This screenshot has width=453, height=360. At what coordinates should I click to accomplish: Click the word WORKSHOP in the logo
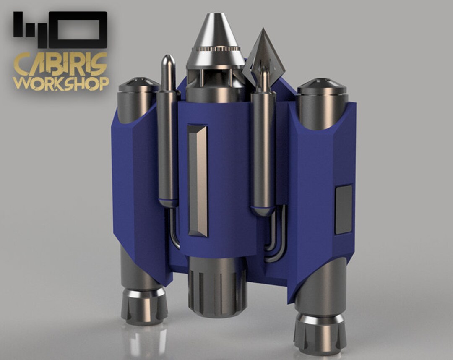pos(61,83)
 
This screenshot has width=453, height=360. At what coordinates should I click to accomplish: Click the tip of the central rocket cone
pos(215,17)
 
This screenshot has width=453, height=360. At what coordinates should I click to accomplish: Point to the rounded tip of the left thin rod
pos(167,59)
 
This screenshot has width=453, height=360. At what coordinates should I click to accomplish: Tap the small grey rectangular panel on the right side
pos(344,209)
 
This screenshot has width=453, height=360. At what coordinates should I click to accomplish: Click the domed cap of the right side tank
pos(322,86)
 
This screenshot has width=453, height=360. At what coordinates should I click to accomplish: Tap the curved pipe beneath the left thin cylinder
pos(174,231)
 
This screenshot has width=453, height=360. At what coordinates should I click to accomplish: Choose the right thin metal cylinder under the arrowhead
pos(263,151)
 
